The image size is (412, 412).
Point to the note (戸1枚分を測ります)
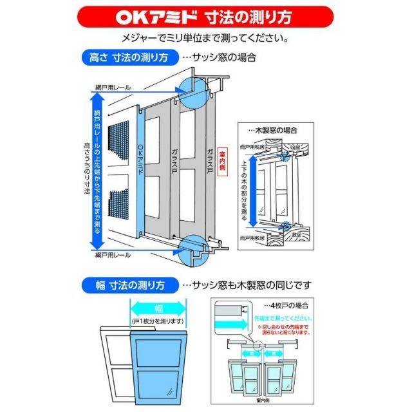(158, 321)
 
